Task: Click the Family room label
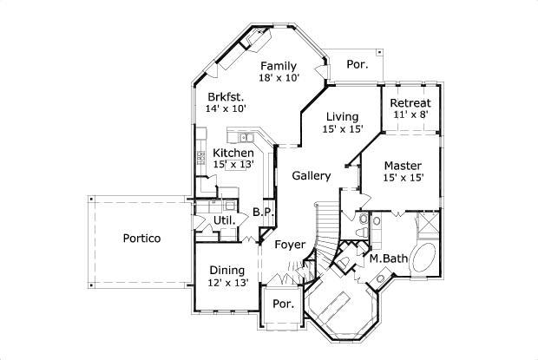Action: coord(279,66)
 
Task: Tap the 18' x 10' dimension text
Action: coord(279,78)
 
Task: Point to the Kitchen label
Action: coord(233,153)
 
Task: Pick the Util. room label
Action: coord(224,221)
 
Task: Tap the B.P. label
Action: coord(263,213)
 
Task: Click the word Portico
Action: coord(141,239)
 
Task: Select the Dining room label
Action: coord(226,270)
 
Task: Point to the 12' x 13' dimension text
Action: coord(228,283)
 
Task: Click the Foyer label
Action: coord(289,245)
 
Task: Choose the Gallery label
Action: coord(311,176)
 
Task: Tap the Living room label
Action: coord(342,117)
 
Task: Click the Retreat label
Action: coord(410,103)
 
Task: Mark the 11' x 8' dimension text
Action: coord(410,115)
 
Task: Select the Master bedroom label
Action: coord(403,165)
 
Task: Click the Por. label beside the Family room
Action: coord(357,64)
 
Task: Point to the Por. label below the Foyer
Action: coord(283,304)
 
